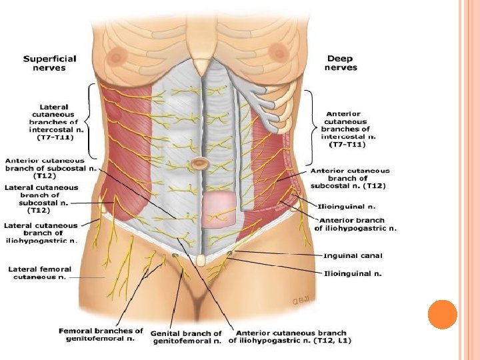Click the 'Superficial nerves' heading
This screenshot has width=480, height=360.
(x=50, y=63)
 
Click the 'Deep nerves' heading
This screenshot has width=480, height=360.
(x=341, y=63)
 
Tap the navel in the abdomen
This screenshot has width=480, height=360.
(x=199, y=163)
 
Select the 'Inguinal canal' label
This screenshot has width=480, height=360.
(x=353, y=255)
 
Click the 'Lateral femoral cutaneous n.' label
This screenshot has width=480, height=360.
(x=40, y=273)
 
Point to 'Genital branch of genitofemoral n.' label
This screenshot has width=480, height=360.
(x=186, y=337)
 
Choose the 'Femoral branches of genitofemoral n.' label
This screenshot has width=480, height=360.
(x=101, y=334)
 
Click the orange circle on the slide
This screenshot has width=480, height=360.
(x=441, y=314)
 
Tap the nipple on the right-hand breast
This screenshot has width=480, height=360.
(x=275, y=51)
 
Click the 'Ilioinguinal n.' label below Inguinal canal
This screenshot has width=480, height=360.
(x=353, y=273)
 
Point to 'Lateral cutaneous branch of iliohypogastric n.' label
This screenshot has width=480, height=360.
(x=42, y=233)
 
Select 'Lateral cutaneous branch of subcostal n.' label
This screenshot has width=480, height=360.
(x=41, y=199)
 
